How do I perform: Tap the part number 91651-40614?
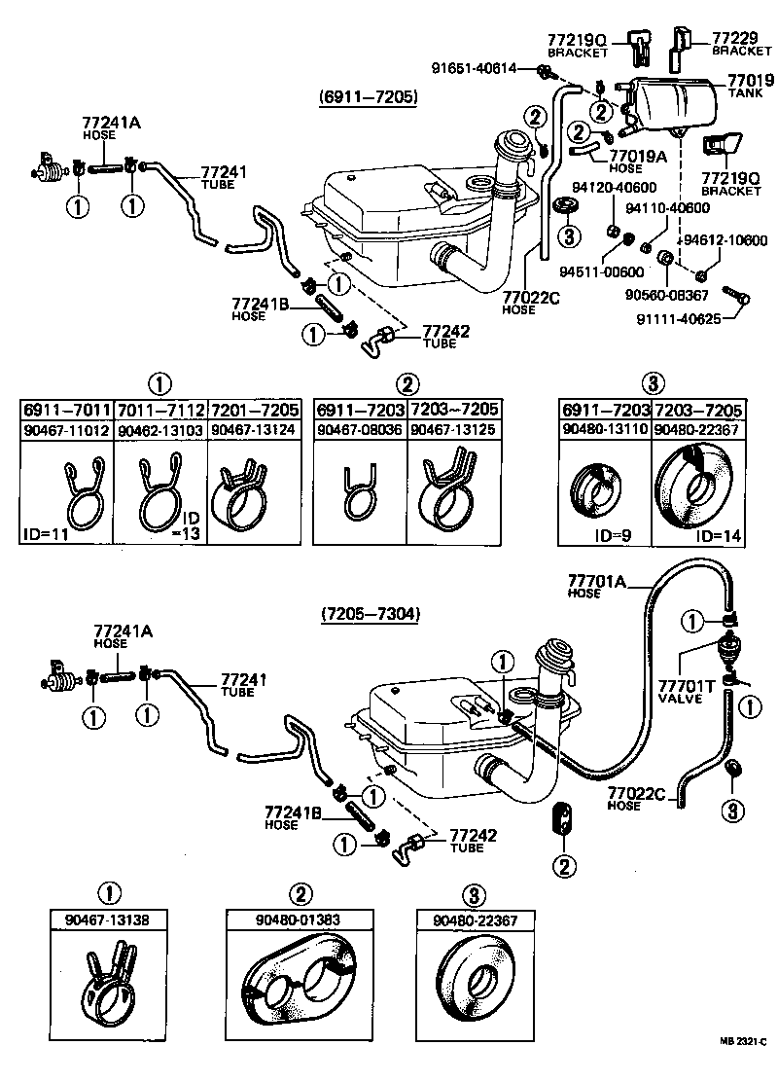481,67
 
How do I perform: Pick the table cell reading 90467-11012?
66,429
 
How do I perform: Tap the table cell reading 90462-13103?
160,429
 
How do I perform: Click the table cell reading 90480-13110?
604,429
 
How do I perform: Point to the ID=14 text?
718,536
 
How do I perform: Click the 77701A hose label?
597,587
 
